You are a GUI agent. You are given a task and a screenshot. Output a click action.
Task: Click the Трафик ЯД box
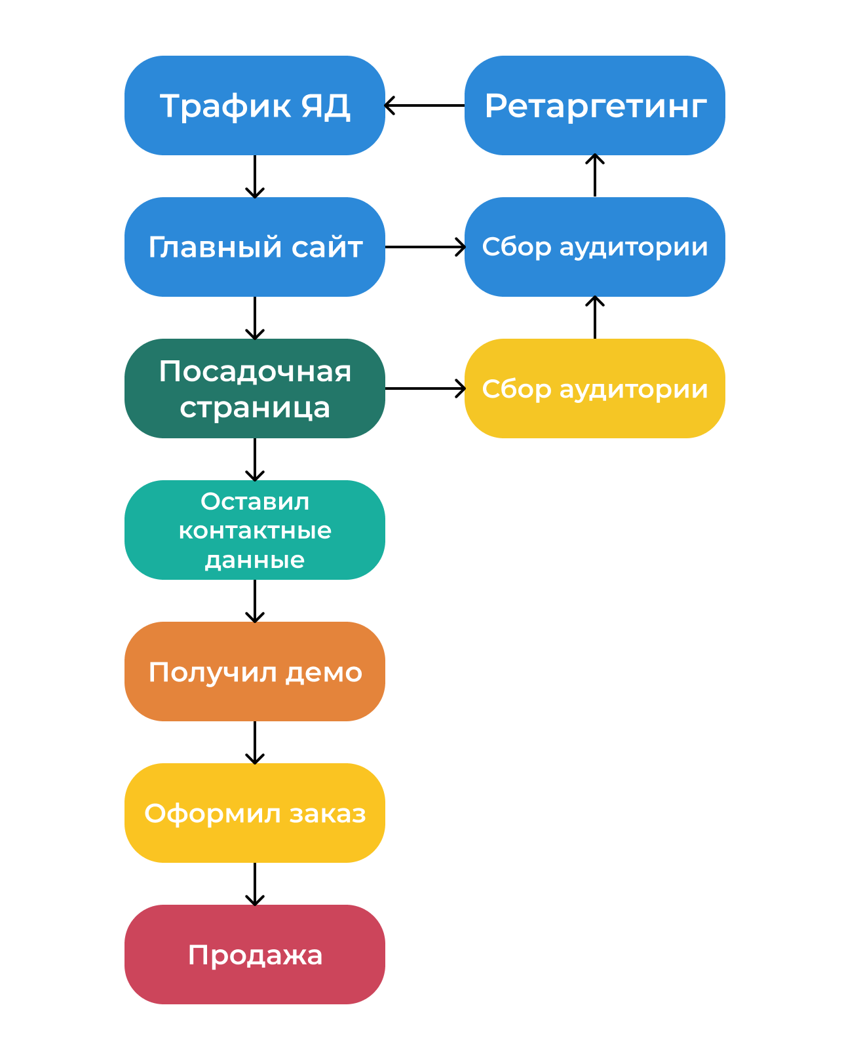point(254,105)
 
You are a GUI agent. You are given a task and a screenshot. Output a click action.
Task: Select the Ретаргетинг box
point(594,105)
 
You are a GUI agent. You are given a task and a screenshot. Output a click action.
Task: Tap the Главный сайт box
point(254,247)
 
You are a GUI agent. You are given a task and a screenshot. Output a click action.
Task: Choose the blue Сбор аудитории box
point(594,247)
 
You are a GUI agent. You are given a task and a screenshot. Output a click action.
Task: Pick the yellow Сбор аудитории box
point(594,388)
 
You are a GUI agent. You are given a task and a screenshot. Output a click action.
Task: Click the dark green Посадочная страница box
point(254,388)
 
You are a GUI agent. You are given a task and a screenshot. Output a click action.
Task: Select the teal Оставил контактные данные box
point(254,530)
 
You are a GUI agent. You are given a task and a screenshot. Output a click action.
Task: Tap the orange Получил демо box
point(254,672)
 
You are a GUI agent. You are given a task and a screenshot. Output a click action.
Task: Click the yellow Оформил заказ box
point(254,813)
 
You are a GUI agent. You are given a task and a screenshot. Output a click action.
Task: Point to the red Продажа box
point(254,955)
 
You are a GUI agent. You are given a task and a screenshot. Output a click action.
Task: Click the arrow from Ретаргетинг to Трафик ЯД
point(425,105)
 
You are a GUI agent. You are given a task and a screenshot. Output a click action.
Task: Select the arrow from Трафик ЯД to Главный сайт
point(254,176)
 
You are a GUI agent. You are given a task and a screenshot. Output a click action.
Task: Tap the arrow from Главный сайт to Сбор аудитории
point(425,247)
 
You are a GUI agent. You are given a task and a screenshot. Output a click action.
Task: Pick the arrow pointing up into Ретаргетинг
point(594,176)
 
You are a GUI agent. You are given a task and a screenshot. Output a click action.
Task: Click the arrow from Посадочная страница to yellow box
point(425,388)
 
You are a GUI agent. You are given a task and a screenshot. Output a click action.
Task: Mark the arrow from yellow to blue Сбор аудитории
point(594,318)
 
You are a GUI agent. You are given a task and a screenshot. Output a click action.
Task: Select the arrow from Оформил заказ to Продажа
point(254,884)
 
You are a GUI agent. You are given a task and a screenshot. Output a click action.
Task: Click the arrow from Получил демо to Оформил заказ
point(254,742)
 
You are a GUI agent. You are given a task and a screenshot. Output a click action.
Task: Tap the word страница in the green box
point(254,407)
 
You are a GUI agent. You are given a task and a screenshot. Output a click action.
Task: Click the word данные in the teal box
point(254,560)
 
